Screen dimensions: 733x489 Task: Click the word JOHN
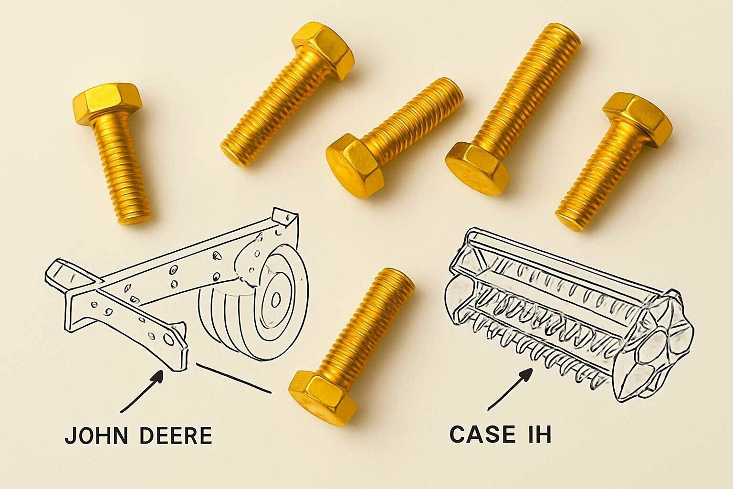(96, 436)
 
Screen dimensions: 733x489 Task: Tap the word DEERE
(176, 436)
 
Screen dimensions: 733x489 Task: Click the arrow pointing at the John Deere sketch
(142, 391)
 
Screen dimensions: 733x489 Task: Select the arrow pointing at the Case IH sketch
(510, 389)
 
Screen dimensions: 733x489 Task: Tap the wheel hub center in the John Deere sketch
(275, 299)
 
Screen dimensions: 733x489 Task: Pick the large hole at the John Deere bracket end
(169, 339)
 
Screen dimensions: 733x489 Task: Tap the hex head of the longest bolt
(477, 169)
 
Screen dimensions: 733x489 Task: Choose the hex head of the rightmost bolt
(638, 119)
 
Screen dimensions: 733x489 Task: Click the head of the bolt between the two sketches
(323, 398)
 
